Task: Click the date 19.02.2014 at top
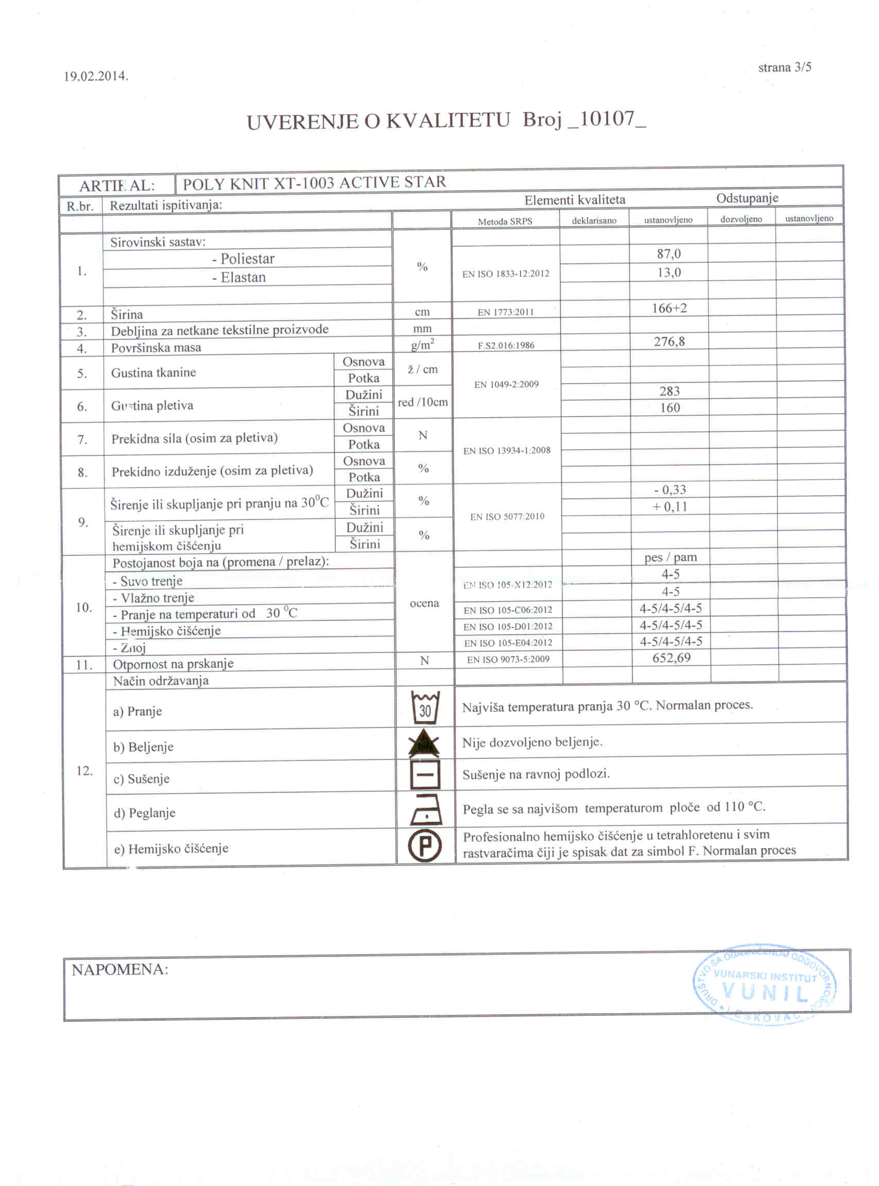tap(96, 76)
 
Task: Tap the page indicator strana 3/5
tap(784, 67)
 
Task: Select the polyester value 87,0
tap(668, 254)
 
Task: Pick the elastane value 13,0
tap(668, 272)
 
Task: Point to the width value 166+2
tap(669, 308)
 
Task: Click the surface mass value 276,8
tap(669, 341)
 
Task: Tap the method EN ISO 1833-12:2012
tap(505, 274)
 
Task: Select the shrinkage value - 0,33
tap(669, 490)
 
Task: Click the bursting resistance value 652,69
tap(671, 658)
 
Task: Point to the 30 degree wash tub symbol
tap(425, 707)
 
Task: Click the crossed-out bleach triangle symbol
tap(424, 742)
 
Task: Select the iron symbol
tap(425, 810)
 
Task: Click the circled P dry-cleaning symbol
tap(425, 845)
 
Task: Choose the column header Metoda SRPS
tap(505, 221)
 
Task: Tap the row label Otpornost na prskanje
tap(173, 663)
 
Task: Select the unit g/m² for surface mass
tap(422, 345)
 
